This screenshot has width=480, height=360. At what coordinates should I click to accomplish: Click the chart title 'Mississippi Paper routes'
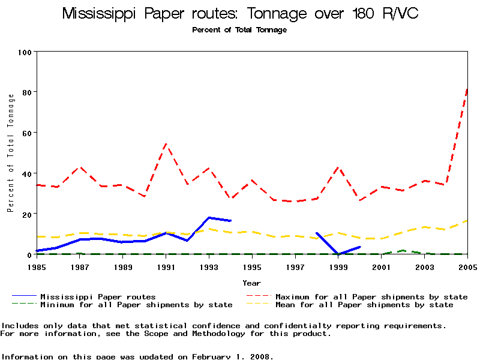[x=240, y=14]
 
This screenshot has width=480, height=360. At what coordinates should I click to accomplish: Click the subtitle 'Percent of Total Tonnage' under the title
[x=239, y=30]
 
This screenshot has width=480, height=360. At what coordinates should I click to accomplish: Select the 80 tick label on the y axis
[x=26, y=92]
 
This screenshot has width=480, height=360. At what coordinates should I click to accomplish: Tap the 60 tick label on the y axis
[x=26, y=133]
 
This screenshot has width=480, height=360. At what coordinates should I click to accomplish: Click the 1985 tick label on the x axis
[x=37, y=266]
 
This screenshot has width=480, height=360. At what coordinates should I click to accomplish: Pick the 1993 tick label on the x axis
[x=209, y=266]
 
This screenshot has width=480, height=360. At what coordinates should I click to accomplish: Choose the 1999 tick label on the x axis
[x=338, y=266]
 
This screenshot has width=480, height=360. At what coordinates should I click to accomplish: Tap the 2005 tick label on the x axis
[x=467, y=266]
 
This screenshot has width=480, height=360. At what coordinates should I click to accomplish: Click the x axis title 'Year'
[x=252, y=283]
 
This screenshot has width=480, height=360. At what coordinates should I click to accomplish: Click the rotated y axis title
[x=10, y=153]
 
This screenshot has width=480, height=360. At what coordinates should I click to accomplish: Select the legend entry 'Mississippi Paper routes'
[x=98, y=296]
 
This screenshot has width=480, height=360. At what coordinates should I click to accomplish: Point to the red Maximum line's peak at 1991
[x=166, y=144]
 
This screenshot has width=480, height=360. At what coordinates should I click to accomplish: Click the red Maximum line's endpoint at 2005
[x=467, y=89]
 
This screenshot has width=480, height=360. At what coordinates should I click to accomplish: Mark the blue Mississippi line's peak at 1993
[x=209, y=217]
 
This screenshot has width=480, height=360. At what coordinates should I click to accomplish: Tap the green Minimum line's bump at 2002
[x=403, y=250]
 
